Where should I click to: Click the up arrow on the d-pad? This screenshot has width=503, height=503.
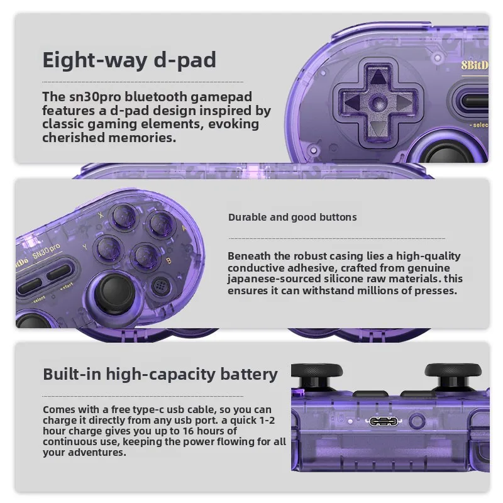[378, 78]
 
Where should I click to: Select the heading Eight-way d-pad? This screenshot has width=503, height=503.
[129, 60]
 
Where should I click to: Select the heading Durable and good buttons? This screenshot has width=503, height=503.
[292, 218]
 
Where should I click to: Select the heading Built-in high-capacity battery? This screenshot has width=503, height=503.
[160, 374]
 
